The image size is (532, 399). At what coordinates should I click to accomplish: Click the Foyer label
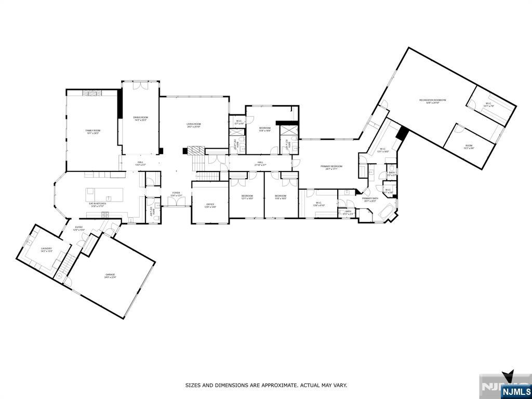[x=176, y=194]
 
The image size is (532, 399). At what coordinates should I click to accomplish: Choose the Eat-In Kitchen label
[x=98, y=204]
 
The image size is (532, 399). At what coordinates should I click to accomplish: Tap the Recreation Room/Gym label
[x=433, y=101]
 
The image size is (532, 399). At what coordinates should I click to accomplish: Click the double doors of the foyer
[x=176, y=203]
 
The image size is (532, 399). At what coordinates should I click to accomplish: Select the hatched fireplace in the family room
[x=94, y=92]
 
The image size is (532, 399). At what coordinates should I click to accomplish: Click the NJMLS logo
[x=516, y=391]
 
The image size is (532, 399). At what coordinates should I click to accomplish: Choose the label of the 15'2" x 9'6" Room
[x=469, y=147]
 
